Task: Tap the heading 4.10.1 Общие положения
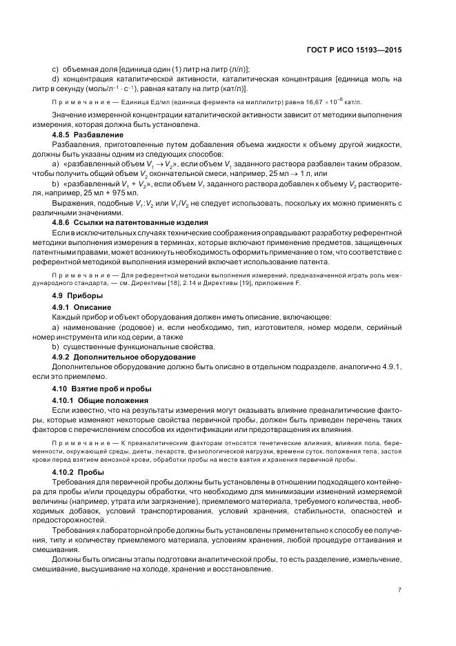[100, 400]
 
